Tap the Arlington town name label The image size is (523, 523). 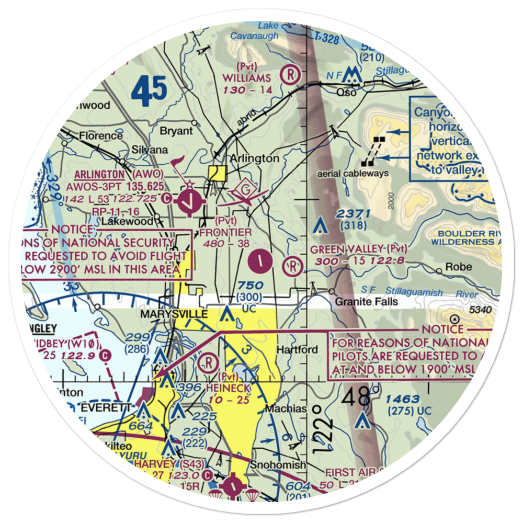(x=255, y=158)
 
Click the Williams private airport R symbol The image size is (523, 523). (x=289, y=74)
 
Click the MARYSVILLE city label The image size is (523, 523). (x=181, y=315)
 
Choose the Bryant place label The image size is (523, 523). (x=177, y=131)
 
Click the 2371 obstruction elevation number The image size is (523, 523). (x=354, y=213)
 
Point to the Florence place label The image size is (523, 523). (x=101, y=136)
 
